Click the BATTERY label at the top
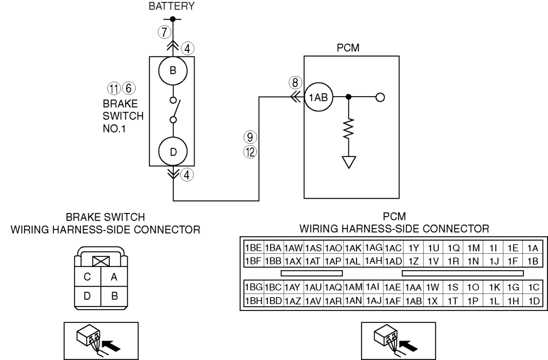pyautogui.click(x=171, y=6)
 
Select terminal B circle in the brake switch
pyautogui.click(x=173, y=70)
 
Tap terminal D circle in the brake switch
pyautogui.click(x=173, y=151)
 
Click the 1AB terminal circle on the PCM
pyautogui.click(x=318, y=97)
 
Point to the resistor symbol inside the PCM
pyautogui.click(x=348, y=129)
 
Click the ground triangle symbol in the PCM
pyautogui.click(x=349, y=162)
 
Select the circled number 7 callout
pyautogui.click(x=164, y=32)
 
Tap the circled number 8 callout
pyautogui.click(x=295, y=82)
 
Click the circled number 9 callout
pyautogui.click(x=250, y=137)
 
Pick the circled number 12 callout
pyautogui.click(x=250, y=152)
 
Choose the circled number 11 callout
pyautogui.click(x=114, y=89)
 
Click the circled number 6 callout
pyautogui.click(x=129, y=88)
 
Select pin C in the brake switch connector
pyautogui.click(x=87, y=277)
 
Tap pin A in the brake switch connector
pyautogui.click(x=114, y=277)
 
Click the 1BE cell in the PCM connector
pyautogui.click(x=254, y=248)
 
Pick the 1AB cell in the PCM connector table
pyautogui.click(x=414, y=301)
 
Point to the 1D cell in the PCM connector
pyautogui.click(x=534, y=301)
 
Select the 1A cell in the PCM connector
pyautogui.click(x=533, y=248)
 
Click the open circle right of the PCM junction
pyautogui.click(x=380, y=97)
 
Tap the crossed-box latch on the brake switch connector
pyautogui.click(x=101, y=261)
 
